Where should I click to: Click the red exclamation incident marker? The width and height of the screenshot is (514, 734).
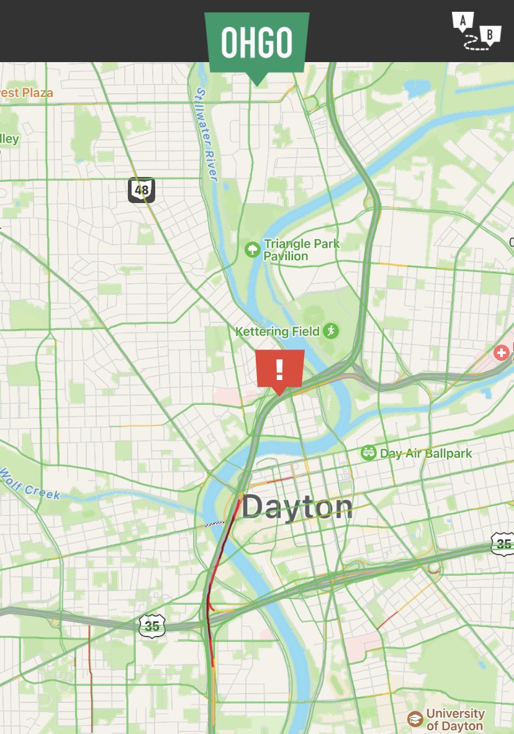279,369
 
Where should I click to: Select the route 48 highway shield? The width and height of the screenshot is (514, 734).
142,190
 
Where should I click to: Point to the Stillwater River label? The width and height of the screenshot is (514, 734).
205,134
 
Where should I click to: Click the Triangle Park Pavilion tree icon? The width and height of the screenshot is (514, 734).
253,250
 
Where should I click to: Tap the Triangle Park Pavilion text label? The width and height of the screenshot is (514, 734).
302,250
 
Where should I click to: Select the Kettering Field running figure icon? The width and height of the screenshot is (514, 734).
330,331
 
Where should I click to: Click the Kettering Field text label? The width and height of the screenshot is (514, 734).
277,332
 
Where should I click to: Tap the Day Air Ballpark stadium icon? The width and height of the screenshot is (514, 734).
369,453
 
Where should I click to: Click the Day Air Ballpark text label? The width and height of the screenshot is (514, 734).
426,453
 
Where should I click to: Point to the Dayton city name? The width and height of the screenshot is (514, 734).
297,507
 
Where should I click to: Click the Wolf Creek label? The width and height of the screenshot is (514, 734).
30,484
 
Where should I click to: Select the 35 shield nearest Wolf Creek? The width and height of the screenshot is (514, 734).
152,625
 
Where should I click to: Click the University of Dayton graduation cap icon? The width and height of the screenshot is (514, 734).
415,719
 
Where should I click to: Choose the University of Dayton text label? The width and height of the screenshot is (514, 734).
455,720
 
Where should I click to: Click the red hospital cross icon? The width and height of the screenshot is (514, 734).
500,353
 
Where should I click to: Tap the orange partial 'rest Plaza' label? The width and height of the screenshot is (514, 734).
26,93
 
